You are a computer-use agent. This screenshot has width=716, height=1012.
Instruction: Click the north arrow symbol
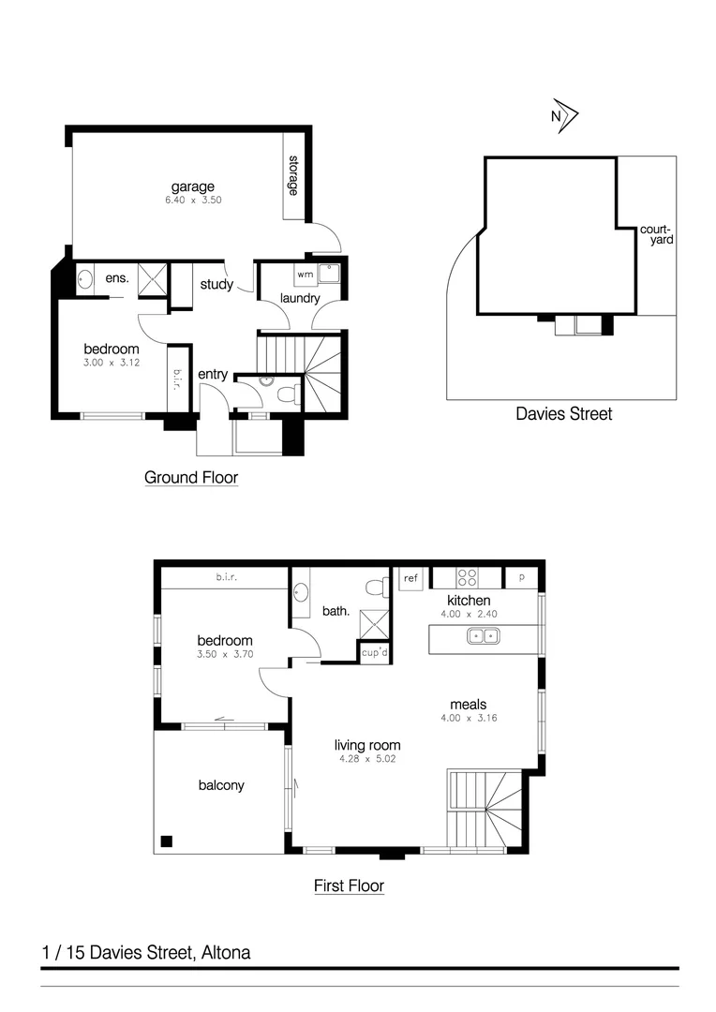coord(564,115)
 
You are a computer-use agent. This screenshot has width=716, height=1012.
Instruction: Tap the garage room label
coord(192,186)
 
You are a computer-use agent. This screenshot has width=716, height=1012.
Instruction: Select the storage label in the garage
coord(293,175)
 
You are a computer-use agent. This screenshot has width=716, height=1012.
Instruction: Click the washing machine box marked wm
coord(305,275)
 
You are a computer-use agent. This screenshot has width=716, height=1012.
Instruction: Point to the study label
coord(216,285)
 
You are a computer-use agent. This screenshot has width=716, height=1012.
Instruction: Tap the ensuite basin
coord(85,278)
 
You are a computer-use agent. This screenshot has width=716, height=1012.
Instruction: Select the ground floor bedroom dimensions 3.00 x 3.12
coord(112,363)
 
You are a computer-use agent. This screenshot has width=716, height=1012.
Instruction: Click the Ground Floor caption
coord(191,478)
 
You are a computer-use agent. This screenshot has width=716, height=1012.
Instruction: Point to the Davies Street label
coord(564,413)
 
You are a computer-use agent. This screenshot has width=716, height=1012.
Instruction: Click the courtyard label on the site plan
coord(656,234)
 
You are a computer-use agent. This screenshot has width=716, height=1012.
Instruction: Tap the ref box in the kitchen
coord(410,578)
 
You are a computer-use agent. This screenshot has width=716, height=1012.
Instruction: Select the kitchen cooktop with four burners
coord(466,577)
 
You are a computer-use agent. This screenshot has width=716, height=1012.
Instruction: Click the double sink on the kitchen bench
coord(485,637)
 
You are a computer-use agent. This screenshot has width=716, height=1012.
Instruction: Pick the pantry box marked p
coord(521,577)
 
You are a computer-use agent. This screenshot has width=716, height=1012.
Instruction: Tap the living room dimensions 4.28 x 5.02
coord(368,760)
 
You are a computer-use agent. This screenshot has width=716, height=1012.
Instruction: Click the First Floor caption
coord(349,885)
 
